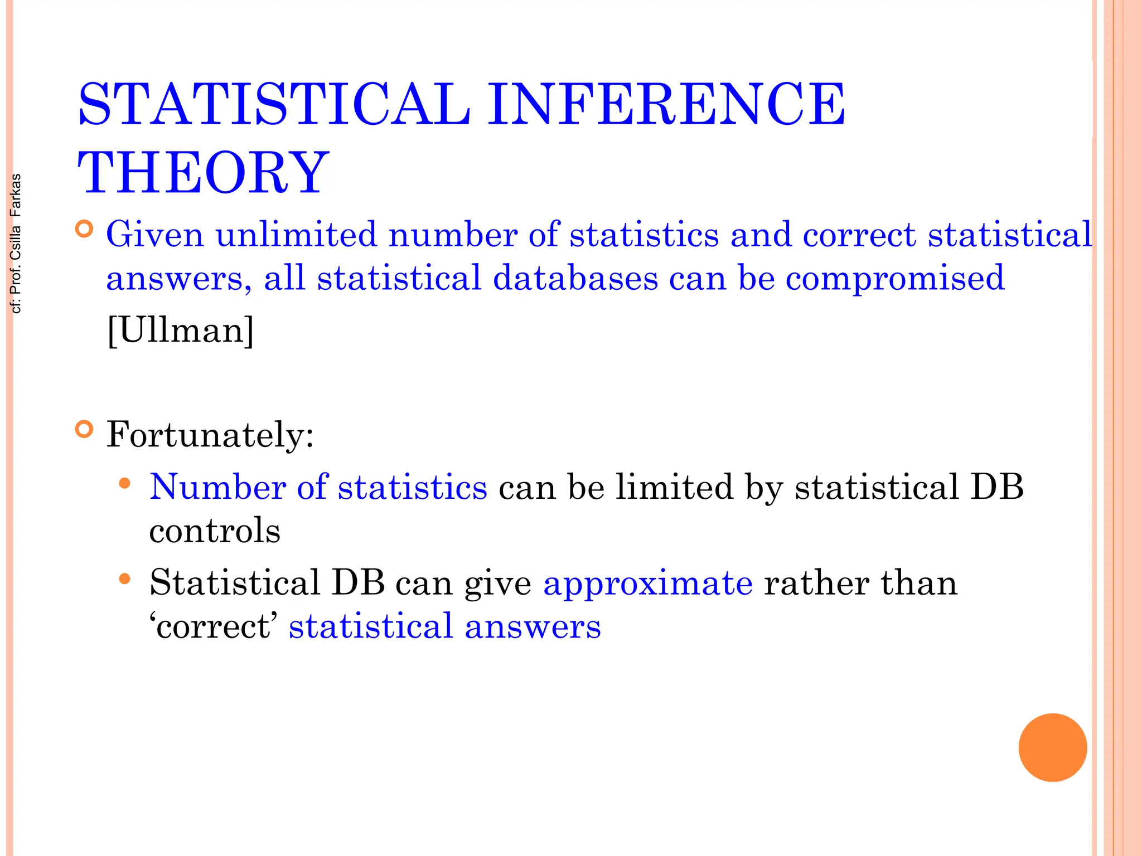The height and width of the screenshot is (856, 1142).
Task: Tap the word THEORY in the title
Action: click(x=204, y=173)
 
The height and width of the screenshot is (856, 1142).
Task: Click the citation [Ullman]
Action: click(x=180, y=330)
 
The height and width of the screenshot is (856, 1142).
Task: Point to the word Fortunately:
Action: click(x=210, y=434)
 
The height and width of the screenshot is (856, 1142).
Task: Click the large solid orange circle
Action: click(x=1052, y=747)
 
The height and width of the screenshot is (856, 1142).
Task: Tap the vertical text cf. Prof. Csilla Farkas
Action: click(x=16, y=244)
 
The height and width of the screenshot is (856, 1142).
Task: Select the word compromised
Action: click(x=895, y=278)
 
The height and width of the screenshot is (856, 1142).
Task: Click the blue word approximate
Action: click(x=648, y=583)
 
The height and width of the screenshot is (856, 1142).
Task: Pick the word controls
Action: click(x=215, y=530)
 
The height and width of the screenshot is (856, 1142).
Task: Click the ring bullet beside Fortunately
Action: click(x=84, y=430)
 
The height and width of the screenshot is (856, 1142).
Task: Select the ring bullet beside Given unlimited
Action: click(x=84, y=229)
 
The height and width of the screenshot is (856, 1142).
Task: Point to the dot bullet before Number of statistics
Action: click(x=125, y=483)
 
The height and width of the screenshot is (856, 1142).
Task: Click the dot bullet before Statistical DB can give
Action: click(x=125, y=580)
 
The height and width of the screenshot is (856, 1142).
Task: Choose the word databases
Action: click(x=575, y=278)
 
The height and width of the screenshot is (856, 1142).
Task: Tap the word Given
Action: click(x=155, y=234)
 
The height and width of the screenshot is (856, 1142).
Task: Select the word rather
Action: click(x=816, y=583)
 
